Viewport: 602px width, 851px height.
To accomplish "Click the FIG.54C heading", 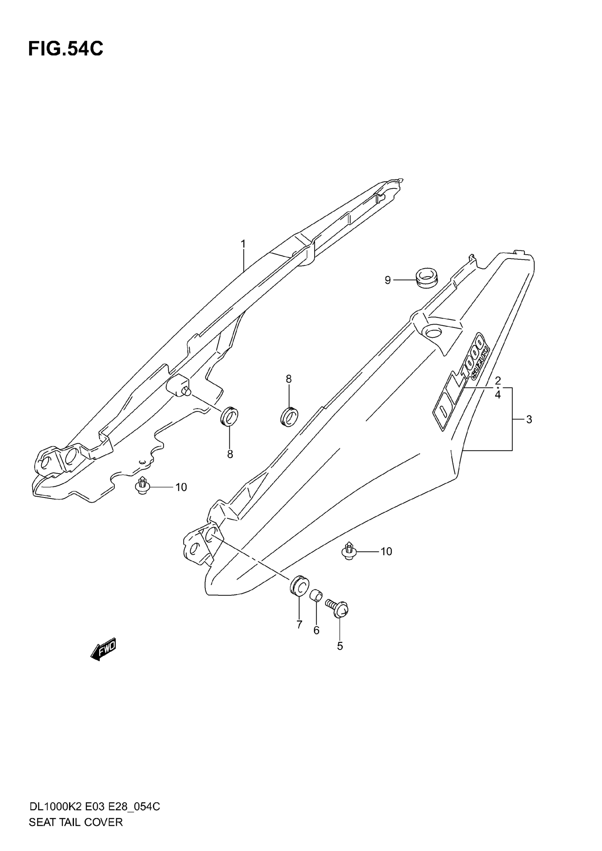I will click(66, 49).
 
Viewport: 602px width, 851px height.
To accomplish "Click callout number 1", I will click(243, 244).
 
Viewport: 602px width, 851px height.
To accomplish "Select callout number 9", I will click(388, 280).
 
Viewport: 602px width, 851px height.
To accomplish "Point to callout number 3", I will click(529, 420).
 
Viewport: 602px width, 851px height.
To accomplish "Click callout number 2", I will click(498, 380).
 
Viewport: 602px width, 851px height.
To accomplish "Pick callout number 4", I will click(498, 395).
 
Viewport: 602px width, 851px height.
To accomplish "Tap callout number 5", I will click(340, 646).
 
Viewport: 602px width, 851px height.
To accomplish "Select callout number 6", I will click(316, 630).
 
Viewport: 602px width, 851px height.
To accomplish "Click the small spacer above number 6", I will click(316, 597).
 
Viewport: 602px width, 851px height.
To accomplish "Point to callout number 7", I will click(299, 625).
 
